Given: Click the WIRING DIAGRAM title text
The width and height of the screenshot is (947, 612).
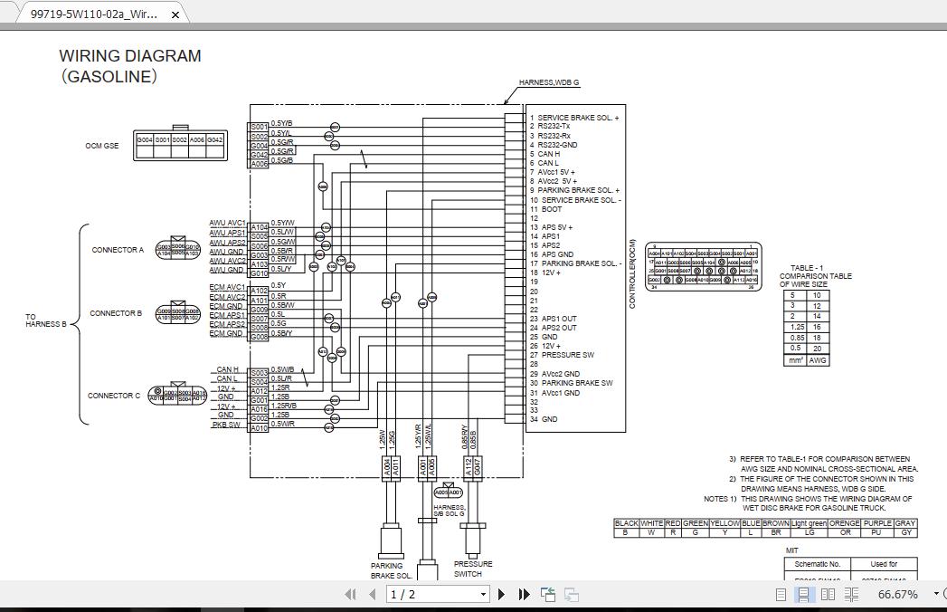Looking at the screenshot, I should tap(130, 56).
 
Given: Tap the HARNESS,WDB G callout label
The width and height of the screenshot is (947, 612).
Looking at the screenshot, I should tap(549, 83).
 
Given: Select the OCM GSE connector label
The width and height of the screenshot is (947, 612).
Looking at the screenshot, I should tap(102, 146).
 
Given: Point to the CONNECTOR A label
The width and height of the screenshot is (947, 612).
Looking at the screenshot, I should tap(117, 250).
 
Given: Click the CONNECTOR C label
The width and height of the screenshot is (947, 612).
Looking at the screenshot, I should tap(114, 396).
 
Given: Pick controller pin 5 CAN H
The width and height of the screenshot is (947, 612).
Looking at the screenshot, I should tap(548, 154).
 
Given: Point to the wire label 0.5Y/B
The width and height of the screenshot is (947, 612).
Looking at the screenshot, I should tap(281, 123).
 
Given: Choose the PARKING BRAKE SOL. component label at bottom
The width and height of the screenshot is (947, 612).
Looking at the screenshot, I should tap(392, 570).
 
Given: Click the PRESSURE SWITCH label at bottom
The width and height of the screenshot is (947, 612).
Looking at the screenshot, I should tap(473, 569).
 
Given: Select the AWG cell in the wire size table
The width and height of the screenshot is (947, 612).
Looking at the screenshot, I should tap(817, 360).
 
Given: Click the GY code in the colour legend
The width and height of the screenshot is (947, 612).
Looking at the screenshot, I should tap(905, 532).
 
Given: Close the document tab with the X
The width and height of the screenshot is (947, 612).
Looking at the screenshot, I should tap(176, 14).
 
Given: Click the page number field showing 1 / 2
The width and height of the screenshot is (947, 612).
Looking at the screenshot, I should tap(438, 594).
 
